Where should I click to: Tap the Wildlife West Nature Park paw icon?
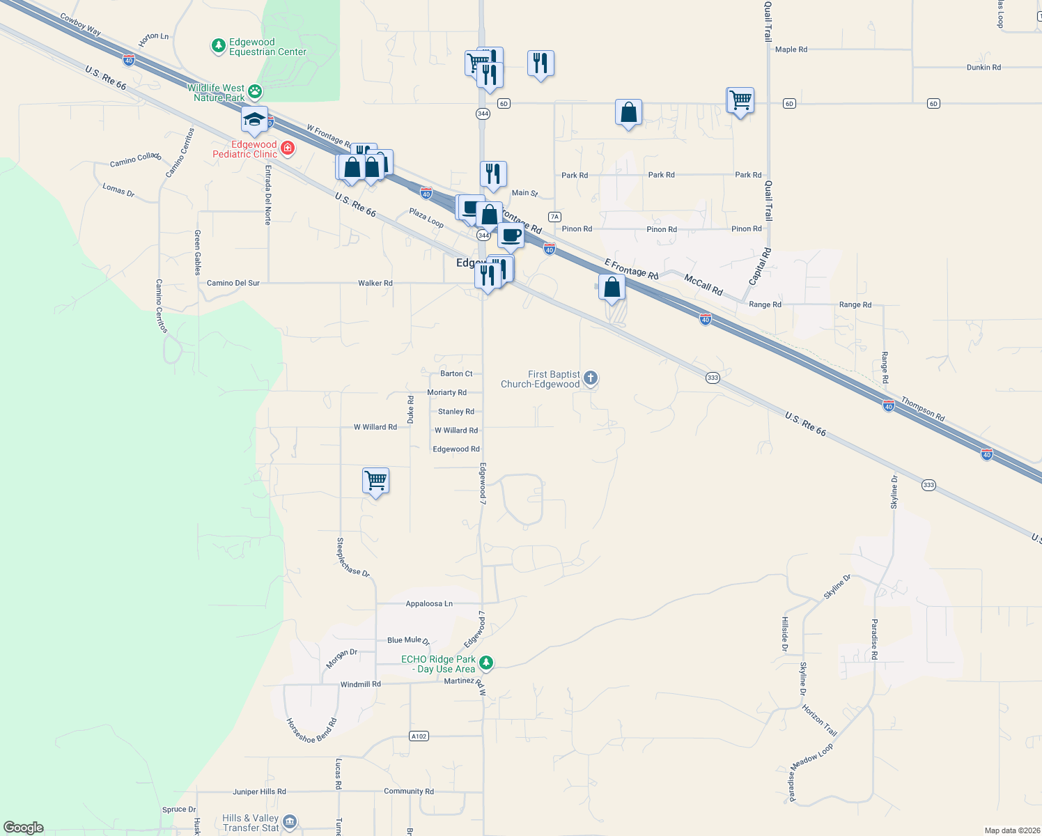(256, 91)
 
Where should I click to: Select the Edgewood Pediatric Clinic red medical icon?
(287, 148)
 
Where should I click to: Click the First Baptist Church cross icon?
(591, 378)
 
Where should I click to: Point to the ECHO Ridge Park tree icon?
(486, 663)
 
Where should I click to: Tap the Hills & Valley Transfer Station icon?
(290, 822)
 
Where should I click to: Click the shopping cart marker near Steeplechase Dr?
(375, 480)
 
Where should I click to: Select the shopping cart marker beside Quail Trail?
(740, 100)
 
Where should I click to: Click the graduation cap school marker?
(255, 119)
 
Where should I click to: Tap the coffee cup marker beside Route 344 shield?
(511, 235)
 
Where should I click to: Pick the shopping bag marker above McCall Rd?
(612, 287)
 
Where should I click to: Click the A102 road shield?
(419, 736)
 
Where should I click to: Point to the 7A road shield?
(554, 217)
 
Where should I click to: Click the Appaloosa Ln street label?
(429, 604)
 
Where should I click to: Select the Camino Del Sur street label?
(233, 284)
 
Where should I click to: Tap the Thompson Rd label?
(923, 409)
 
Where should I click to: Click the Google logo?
(24, 828)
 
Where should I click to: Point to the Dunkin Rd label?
(983, 68)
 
